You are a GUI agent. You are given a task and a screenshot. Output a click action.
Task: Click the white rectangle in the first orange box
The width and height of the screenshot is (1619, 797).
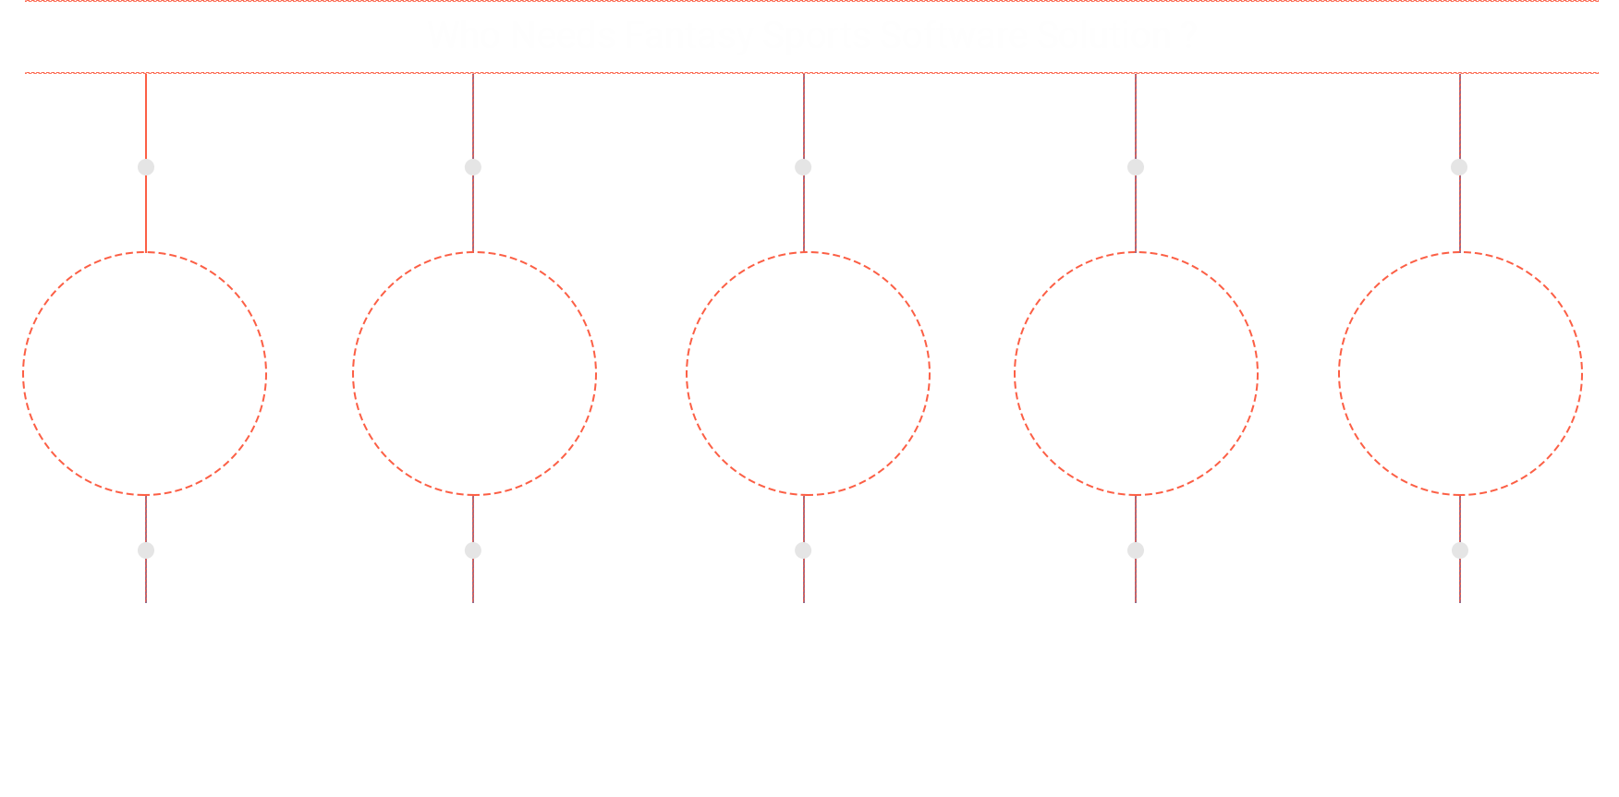(x=148, y=375)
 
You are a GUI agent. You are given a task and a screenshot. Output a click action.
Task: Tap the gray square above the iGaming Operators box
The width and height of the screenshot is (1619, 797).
(x=472, y=167)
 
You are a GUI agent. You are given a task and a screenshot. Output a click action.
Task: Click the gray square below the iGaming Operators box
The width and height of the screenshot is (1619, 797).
(x=472, y=550)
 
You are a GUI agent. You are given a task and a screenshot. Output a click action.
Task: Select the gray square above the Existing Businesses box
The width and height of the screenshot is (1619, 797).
(x=803, y=167)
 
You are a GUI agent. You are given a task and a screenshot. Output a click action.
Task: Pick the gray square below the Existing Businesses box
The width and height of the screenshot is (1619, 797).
(x=803, y=550)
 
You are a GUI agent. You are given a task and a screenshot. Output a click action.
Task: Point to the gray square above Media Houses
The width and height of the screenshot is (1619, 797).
(x=1136, y=167)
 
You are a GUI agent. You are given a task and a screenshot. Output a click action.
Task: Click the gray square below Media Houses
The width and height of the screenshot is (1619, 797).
(x=1136, y=550)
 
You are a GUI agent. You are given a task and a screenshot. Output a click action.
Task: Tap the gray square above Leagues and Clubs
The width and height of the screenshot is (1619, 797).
(x=1459, y=167)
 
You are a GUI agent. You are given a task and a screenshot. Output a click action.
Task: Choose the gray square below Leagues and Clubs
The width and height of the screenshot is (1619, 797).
(x=1460, y=550)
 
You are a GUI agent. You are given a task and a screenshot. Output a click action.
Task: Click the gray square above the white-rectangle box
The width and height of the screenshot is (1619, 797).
(x=146, y=167)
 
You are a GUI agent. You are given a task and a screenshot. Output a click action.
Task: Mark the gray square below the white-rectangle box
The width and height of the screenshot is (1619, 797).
(x=146, y=550)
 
